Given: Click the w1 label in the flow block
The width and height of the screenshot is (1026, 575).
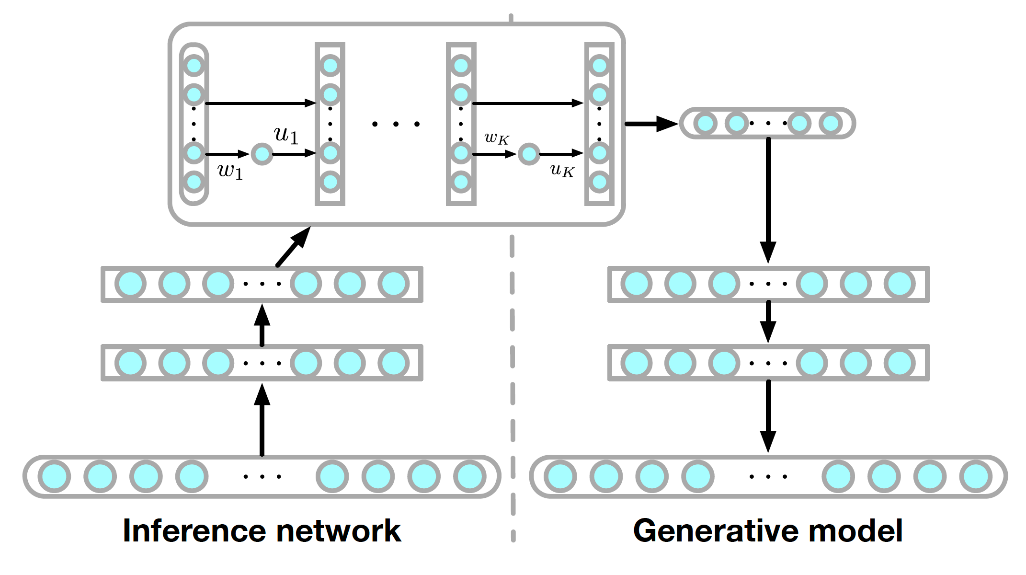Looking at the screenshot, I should click(230, 171).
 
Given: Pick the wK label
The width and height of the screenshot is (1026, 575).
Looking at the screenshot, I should click(496, 138).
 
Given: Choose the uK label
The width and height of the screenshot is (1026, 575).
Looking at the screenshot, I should click(562, 170).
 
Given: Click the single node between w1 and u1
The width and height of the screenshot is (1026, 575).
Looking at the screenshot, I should click(262, 154).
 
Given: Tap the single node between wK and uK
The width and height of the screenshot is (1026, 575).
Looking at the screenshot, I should click(529, 154).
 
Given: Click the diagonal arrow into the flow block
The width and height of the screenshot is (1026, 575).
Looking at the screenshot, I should click(293, 247).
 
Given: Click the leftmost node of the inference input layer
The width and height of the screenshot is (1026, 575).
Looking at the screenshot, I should click(55, 476).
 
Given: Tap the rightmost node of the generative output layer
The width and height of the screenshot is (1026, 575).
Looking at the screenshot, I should click(976, 476).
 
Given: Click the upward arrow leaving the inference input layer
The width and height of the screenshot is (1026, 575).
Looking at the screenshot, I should click(262, 419).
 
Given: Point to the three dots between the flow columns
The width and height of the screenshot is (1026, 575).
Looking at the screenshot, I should click(396, 124).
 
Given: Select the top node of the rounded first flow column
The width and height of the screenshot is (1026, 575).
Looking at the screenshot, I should click(194, 66).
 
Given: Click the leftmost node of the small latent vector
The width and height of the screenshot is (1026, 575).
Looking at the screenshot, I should click(705, 123).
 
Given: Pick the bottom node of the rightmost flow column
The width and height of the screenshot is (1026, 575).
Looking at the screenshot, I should click(599, 182).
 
